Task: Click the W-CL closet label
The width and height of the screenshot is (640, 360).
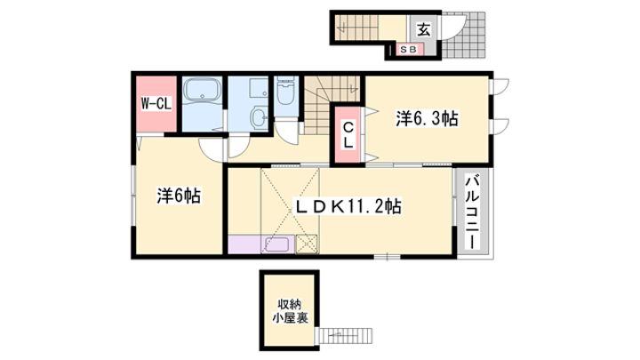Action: [156, 104]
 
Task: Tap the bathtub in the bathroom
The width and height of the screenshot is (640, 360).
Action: [202, 90]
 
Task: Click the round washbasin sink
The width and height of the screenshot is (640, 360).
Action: [259, 117]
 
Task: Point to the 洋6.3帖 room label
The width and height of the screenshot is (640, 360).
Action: [427, 119]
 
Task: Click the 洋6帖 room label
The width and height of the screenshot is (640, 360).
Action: [179, 196]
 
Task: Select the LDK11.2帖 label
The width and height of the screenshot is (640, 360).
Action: [348, 206]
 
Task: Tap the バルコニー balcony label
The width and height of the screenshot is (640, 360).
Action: [473, 212]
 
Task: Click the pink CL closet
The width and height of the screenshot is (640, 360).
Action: [348, 135]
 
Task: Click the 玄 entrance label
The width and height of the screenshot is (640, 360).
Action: [424, 29]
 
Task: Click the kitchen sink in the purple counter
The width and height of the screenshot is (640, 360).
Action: [278, 245]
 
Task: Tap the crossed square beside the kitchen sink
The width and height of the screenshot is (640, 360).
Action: [308, 244]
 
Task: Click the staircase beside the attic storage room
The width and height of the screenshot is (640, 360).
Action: [345, 335]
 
